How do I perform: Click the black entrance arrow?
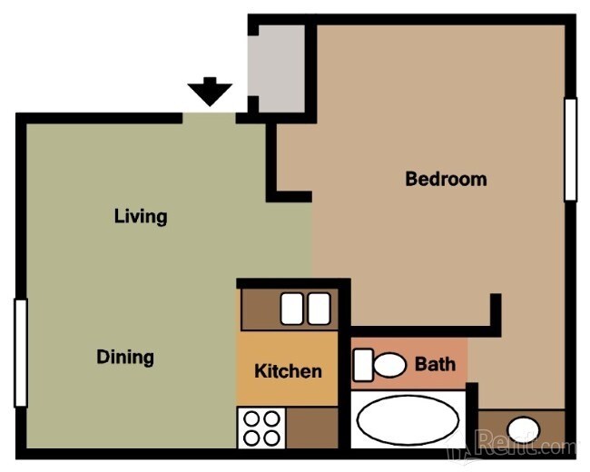coord(210,92)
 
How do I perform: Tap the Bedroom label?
coord(446,179)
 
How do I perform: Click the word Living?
coord(141,217)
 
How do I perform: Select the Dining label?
coord(125,357)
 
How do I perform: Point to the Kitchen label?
coord(288,370)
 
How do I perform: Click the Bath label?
coord(435,365)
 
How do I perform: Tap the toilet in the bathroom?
coord(388,366)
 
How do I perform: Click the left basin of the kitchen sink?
coord(292,310)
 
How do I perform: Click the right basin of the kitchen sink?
coord(318,310)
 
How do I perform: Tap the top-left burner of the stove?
coord(251,419)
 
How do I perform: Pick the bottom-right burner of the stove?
coord(271,438)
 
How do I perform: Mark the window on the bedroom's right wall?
coord(570,149)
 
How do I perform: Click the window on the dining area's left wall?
coord(20,353)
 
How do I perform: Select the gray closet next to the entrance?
coord(279,64)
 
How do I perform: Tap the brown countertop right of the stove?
coord(312,427)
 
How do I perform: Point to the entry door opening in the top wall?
coord(210,117)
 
